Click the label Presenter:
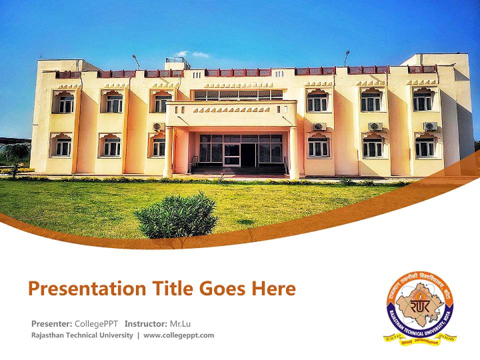pyautogui.click(x=51, y=323)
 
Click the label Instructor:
pyautogui.click(x=146, y=323)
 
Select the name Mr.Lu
pyautogui.click(x=180, y=323)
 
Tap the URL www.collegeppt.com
pyautogui.click(x=178, y=335)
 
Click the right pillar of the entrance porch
pyautogui.click(x=293, y=152)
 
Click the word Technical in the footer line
pyautogui.click(x=79, y=335)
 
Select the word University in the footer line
pyautogui.click(x=116, y=335)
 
